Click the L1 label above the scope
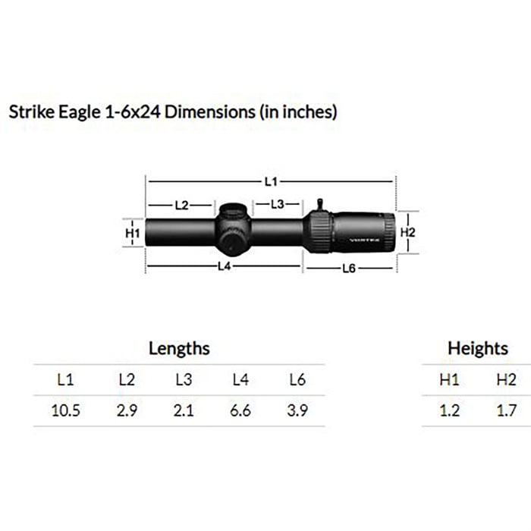[x=271, y=182]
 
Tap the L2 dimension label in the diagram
[x=181, y=206]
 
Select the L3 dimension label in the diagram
[x=278, y=204]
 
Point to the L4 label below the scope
[x=225, y=266]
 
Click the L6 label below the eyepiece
[x=349, y=269]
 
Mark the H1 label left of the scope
[x=133, y=233]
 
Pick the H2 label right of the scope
[x=408, y=232]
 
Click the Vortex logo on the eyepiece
[x=364, y=240]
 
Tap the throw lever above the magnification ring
[x=319, y=205]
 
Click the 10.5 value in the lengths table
[x=66, y=410]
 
